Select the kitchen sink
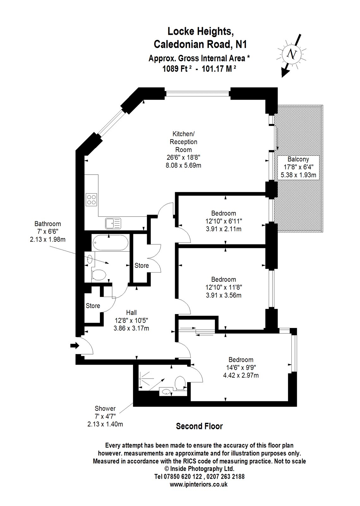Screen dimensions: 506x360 pos(113,223)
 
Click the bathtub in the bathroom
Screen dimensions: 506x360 pos(111,244)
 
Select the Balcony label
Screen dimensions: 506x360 pos(298,159)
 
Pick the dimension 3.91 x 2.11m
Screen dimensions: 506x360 pos(223,229)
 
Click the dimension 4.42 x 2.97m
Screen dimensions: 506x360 pos(241,375)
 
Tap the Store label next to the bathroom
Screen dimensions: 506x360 pos(142,266)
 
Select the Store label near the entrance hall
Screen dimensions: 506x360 pos(93,306)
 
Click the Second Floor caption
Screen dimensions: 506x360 pos(199,426)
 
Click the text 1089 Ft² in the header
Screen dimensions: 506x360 pos(178,69)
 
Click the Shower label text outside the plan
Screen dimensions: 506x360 pos(105,409)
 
